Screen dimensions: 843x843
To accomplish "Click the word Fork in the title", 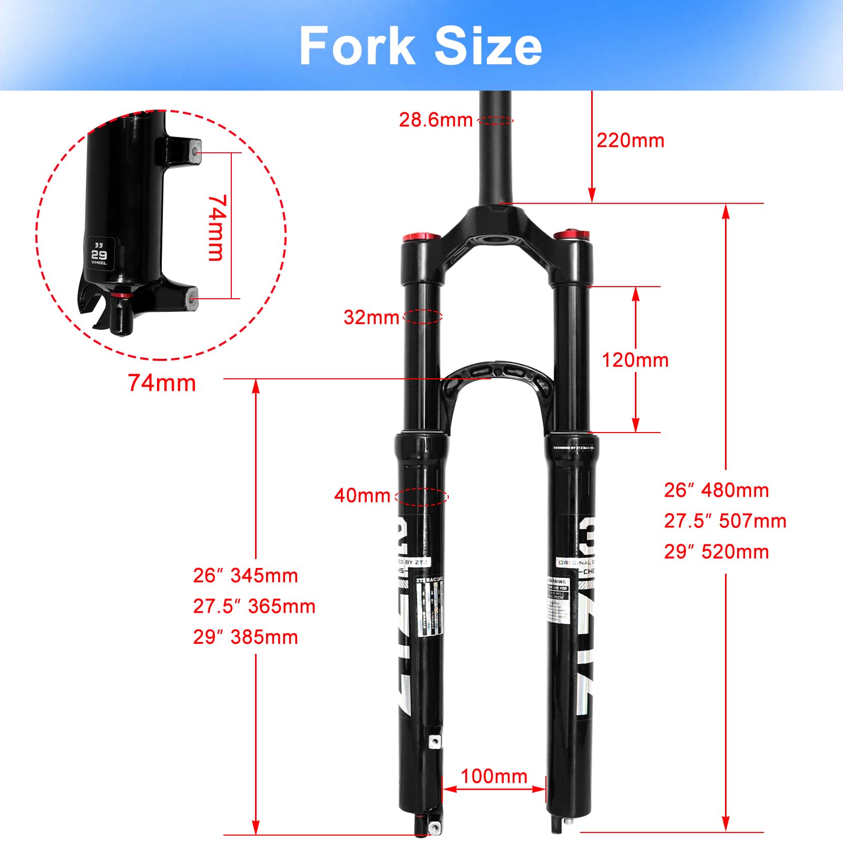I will pyautogui.click(x=357, y=46).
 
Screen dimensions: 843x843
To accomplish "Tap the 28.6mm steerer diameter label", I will pyautogui.click(x=436, y=120).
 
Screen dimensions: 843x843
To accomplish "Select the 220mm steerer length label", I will pyautogui.click(x=630, y=141).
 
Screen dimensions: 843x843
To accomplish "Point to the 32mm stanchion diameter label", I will pyautogui.click(x=371, y=317).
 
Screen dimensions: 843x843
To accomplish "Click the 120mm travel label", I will pyautogui.click(x=635, y=360).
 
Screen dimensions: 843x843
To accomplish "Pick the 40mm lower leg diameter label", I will pyautogui.click(x=362, y=495).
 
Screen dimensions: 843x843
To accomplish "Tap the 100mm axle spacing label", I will pyautogui.click(x=494, y=776).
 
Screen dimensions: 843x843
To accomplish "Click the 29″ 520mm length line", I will pyautogui.click(x=716, y=552).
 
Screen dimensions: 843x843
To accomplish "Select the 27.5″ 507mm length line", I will pyautogui.click(x=725, y=521).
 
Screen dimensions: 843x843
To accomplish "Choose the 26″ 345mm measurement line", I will pyautogui.click(x=246, y=575).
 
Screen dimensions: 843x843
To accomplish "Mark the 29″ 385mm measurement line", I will pyautogui.click(x=246, y=637).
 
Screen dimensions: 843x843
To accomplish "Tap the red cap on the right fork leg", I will pyautogui.click(x=571, y=234).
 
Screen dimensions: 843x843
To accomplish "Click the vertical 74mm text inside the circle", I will pyautogui.click(x=217, y=228).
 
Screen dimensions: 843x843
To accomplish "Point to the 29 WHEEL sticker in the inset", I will pyautogui.click(x=99, y=254).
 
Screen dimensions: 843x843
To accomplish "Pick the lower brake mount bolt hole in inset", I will pyautogui.click(x=193, y=298).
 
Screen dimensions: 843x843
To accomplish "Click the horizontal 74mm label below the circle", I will pyautogui.click(x=162, y=383).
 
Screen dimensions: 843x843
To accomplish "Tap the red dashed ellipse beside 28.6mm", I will pyautogui.click(x=495, y=121).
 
